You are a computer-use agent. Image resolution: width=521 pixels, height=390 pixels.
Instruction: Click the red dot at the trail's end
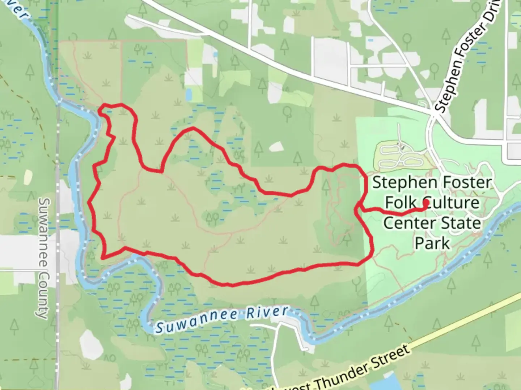pyautogui.click(x=426, y=203)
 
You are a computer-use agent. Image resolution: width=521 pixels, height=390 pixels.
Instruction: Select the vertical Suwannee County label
pyautogui.click(x=43, y=258)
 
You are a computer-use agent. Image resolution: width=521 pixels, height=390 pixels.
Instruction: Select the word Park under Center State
pyautogui.click(x=432, y=243)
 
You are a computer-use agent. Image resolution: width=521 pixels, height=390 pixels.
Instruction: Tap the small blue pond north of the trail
pyautogui.click(x=188, y=94)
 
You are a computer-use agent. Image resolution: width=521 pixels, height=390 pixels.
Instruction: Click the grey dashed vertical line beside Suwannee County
pyautogui.click(x=58, y=253)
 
